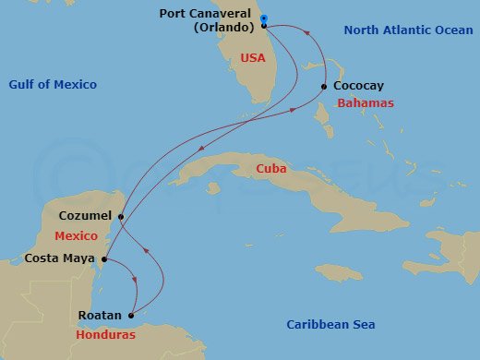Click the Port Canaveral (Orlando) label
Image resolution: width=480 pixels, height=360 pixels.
(x=211, y=20)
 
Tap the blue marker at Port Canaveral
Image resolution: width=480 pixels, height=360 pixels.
(x=264, y=19)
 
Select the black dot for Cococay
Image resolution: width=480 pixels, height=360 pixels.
(x=324, y=87)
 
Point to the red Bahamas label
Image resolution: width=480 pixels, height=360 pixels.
(x=366, y=102)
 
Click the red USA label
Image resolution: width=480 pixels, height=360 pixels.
(x=253, y=58)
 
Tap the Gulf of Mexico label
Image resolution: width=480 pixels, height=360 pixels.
(x=53, y=85)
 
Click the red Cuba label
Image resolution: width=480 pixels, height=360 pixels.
(x=271, y=170)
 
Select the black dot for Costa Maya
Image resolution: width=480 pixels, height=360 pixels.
(x=103, y=258)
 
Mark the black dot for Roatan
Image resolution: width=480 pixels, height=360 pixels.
(x=130, y=315)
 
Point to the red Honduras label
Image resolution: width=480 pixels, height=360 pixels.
(x=105, y=334)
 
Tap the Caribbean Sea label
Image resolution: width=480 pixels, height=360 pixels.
(x=330, y=324)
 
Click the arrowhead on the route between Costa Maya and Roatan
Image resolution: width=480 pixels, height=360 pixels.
(x=135, y=282)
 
